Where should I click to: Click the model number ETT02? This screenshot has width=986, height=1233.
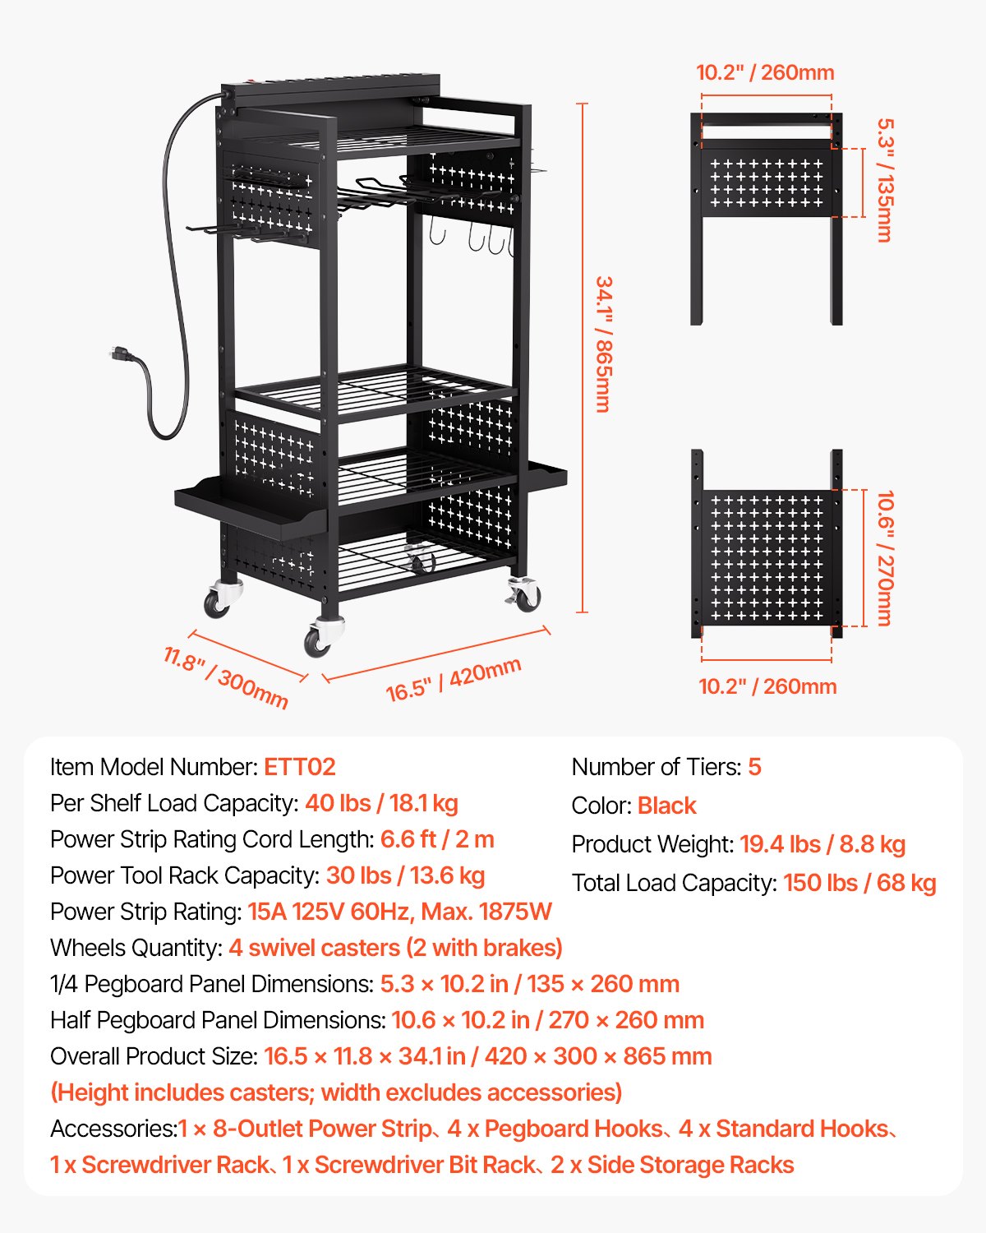(299, 767)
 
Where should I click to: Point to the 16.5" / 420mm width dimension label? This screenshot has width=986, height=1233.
(454, 680)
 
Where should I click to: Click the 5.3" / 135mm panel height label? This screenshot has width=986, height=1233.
(885, 180)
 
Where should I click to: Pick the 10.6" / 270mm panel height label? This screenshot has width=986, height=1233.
(885, 558)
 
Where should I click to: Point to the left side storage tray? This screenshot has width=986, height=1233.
(246, 511)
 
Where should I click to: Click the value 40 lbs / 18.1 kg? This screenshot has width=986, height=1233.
(381, 803)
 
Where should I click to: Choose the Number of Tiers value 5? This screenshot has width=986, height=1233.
(754, 767)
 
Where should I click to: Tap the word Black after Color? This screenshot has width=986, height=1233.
(666, 806)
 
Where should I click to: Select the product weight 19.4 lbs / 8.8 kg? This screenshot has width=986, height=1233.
(822, 844)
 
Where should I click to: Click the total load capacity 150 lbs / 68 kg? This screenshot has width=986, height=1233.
(859, 883)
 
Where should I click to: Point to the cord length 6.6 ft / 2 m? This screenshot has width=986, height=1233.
(437, 839)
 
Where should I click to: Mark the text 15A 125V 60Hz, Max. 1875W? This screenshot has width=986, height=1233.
(399, 912)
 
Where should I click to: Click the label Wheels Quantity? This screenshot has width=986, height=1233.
(136, 948)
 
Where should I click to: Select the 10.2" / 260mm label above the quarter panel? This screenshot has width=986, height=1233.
(765, 72)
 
